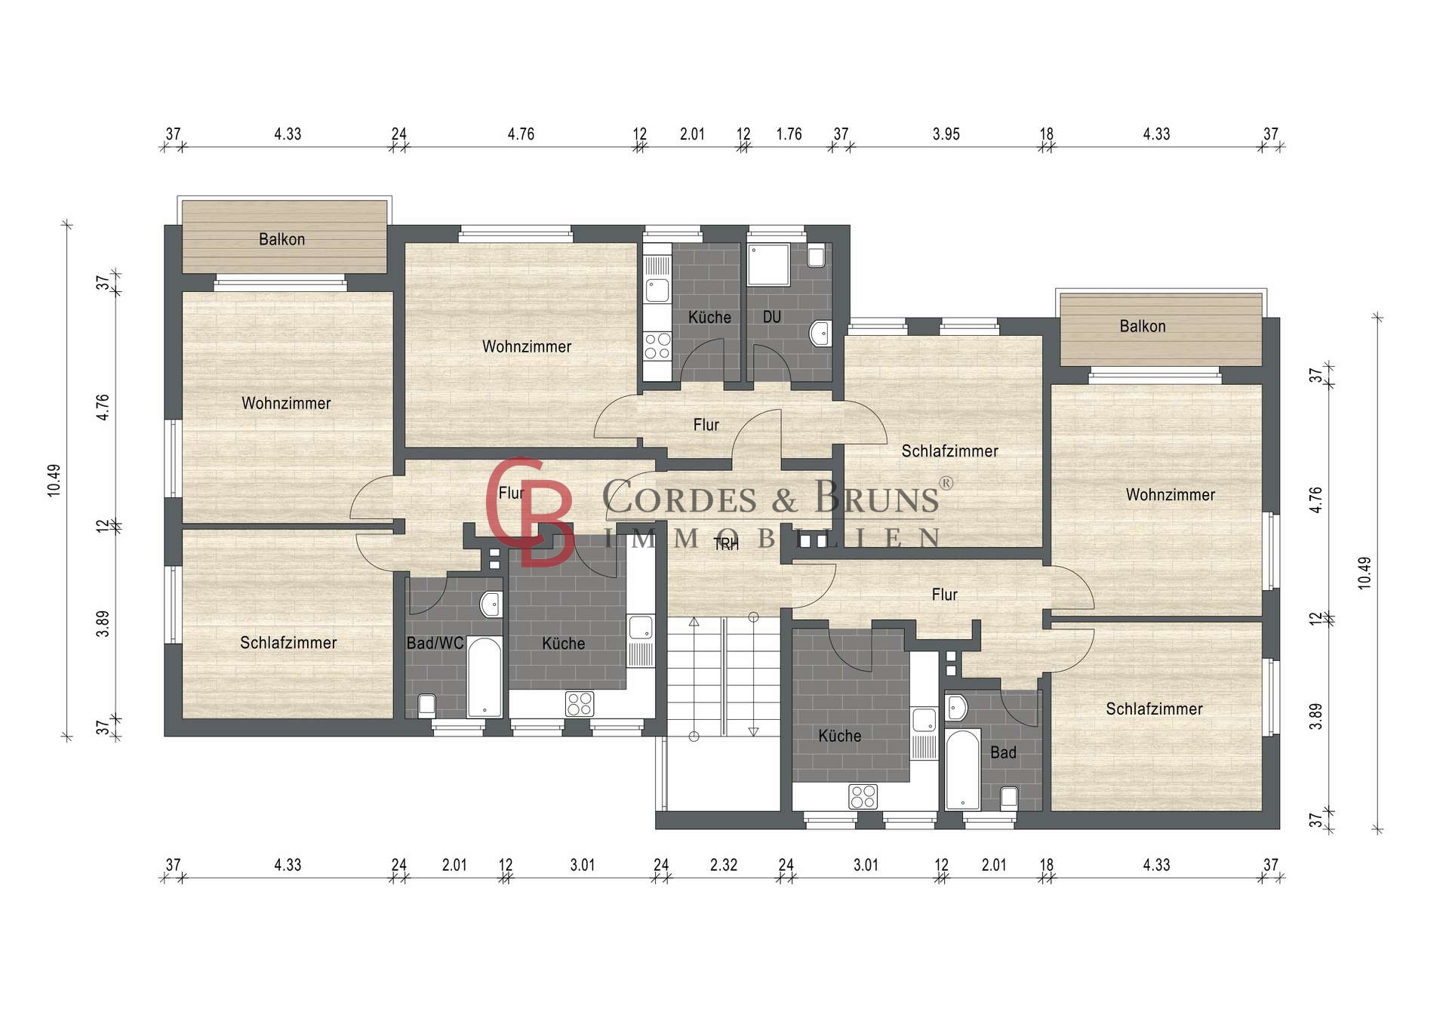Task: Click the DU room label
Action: [x=771, y=317]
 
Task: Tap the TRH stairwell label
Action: [x=726, y=545]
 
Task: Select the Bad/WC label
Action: [x=435, y=643]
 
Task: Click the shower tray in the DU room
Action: [x=768, y=264]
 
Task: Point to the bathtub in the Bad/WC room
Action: [x=485, y=677]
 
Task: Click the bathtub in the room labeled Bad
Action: [x=963, y=769]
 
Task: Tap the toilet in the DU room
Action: [x=816, y=255]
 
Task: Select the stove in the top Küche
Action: [x=657, y=346]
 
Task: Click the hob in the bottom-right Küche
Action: [x=863, y=796]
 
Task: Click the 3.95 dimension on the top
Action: [x=946, y=134]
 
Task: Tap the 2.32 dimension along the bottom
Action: [x=723, y=865]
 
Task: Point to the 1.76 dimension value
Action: [x=789, y=134]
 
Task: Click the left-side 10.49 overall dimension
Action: [x=54, y=480]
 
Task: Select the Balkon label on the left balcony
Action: [x=281, y=239]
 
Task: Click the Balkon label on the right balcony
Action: [x=1143, y=326]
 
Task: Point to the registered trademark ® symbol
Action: [x=946, y=483]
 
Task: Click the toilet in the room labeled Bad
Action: [x=1008, y=797]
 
